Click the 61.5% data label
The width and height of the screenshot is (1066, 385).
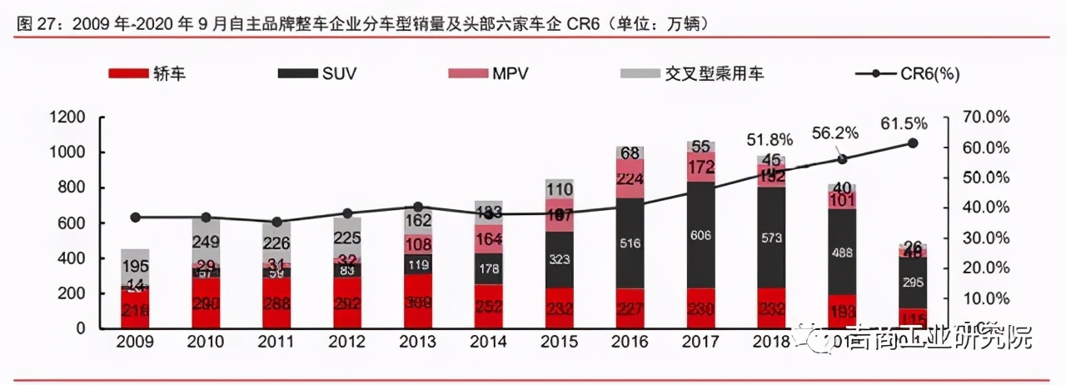(x=904, y=124)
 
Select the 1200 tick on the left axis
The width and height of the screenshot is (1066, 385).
(x=68, y=117)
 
